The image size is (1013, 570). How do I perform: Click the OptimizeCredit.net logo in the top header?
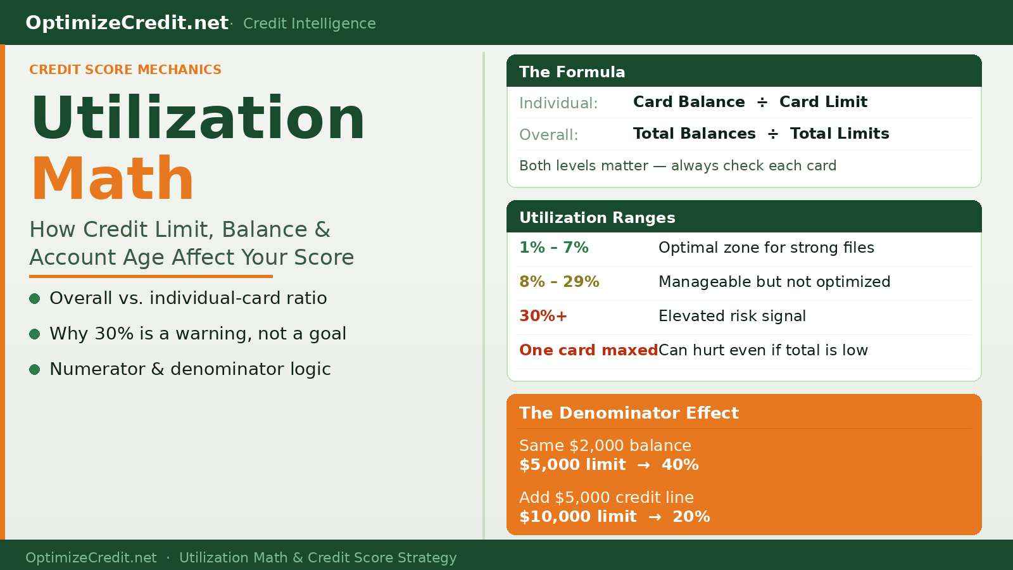127,23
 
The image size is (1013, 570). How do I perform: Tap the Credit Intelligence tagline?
309,23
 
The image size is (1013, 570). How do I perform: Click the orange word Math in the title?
113,179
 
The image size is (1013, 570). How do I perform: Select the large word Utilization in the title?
198,118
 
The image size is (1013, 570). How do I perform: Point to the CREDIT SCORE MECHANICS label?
125,70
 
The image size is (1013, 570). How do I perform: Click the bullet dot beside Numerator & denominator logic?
35,369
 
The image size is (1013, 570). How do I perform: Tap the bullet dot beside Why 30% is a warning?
35,334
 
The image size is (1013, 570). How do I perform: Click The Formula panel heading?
572,72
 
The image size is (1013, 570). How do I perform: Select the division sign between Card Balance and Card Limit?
762,103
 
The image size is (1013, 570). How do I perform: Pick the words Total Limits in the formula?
840,134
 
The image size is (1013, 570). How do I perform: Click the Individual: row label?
558,103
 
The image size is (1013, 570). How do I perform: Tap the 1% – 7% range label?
554,248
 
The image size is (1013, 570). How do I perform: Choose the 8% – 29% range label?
559,282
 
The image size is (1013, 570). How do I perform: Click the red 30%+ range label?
543,316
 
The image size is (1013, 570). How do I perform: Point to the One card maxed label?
588,350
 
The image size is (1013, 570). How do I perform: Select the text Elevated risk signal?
732,316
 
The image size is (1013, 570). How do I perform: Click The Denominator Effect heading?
629,413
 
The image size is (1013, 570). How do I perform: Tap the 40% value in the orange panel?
680,465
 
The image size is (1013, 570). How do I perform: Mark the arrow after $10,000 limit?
655,517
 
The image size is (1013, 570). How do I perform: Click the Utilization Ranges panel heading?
597,217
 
